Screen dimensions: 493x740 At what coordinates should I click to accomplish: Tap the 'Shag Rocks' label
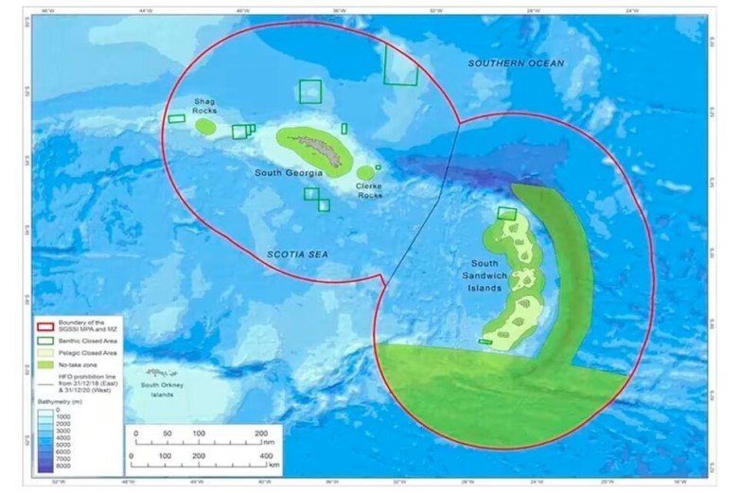205,105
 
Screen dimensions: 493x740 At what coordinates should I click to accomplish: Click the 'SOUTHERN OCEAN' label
516,63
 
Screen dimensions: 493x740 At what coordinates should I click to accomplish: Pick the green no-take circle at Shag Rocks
205,126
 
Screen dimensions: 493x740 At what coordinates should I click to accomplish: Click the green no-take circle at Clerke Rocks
365,172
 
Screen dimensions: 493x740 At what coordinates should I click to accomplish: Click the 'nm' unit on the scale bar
270,439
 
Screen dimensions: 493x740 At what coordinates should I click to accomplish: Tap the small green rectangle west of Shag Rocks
177,118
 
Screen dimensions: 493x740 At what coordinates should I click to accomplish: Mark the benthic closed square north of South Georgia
310,91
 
